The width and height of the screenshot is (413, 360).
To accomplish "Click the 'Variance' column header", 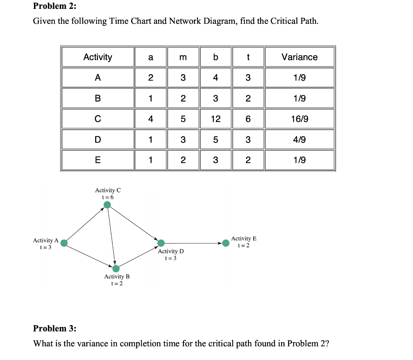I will point(299,57).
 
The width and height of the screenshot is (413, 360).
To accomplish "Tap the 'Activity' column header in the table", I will point(98,57).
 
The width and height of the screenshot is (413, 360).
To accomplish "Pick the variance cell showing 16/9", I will point(299,119).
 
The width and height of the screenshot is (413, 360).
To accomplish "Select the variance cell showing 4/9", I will point(299,140).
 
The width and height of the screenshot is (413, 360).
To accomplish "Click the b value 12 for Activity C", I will point(215,119).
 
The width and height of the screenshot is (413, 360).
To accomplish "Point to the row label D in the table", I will point(98,140).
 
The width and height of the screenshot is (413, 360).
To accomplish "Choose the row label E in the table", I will point(98,160).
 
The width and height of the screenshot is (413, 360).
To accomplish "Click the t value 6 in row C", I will point(248,119).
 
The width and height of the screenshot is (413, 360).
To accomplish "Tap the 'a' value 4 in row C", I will point(150,119).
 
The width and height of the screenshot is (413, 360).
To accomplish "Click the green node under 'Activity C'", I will point(107,205).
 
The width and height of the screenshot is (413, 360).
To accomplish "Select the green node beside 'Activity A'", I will point(64,243).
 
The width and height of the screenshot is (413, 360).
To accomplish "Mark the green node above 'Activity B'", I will point(116,268).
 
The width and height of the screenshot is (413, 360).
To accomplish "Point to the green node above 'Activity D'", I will point(161,243).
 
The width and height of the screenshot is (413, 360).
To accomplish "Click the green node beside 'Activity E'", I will point(226,243).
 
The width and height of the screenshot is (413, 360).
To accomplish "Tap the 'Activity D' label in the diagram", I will point(171,251).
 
